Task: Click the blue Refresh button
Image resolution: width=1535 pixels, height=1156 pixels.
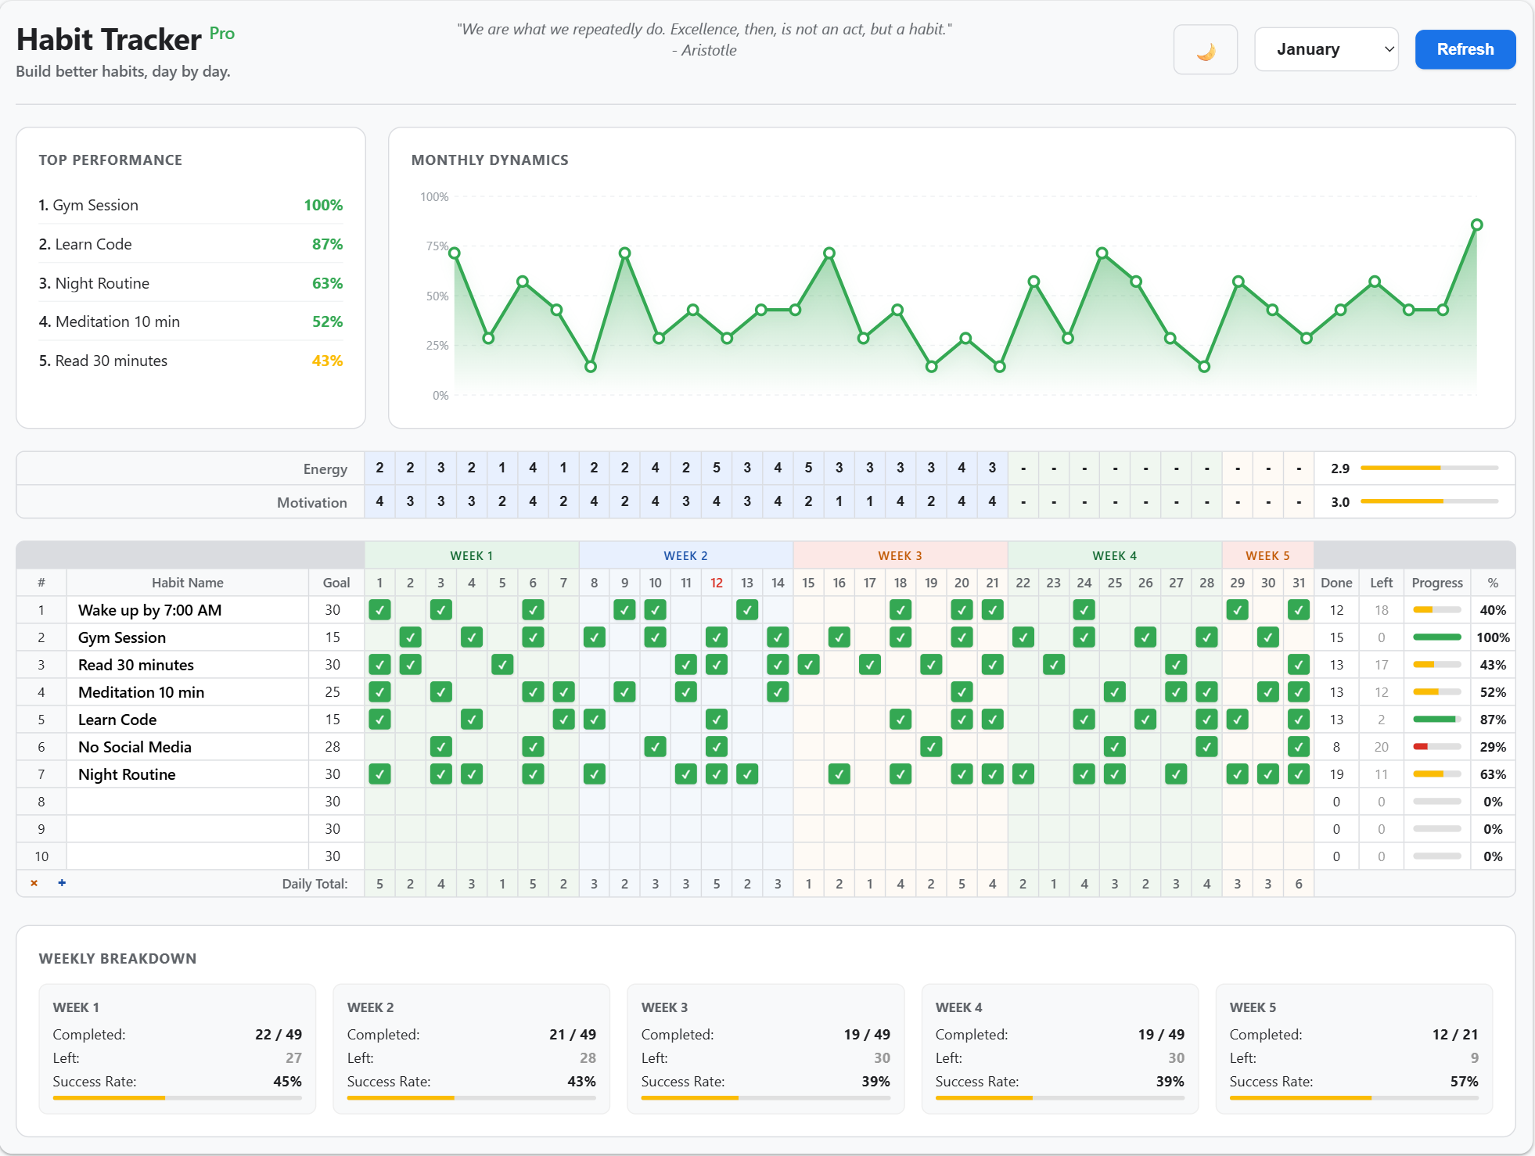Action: (x=1465, y=49)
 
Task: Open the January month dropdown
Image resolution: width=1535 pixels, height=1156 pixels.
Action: (x=1326, y=49)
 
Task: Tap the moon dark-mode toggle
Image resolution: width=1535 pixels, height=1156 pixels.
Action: (x=1205, y=50)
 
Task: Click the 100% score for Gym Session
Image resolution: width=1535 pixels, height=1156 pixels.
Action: (x=323, y=205)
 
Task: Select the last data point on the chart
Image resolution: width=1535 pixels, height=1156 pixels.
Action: (x=1476, y=224)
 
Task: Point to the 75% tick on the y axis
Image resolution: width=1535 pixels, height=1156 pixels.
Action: (x=437, y=246)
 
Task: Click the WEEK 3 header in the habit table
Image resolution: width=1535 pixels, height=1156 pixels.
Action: (x=900, y=555)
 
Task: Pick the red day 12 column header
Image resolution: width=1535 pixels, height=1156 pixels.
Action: (x=716, y=583)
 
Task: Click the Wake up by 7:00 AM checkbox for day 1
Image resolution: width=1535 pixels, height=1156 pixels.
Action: (x=379, y=610)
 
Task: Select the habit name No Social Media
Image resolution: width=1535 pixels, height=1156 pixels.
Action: (x=135, y=747)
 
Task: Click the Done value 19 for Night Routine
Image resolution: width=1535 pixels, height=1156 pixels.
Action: (x=1335, y=774)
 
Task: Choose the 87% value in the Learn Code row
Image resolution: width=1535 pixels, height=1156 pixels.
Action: (x=1492, y=720)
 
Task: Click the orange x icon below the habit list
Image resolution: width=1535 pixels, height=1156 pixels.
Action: (x=34, y=883)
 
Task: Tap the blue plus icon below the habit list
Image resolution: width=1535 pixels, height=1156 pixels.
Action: (x=62, y=883)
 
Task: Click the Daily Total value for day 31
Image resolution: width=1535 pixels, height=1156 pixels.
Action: (x=1298, y=884)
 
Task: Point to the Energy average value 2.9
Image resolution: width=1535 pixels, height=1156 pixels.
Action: (x=1339, y=469)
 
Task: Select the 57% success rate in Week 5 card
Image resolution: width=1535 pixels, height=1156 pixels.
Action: (x=1464, y=1082)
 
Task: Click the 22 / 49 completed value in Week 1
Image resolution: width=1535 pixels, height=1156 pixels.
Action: (x=278, y=1035)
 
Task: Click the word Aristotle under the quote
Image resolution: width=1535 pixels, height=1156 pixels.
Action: (x=709, y=50)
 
